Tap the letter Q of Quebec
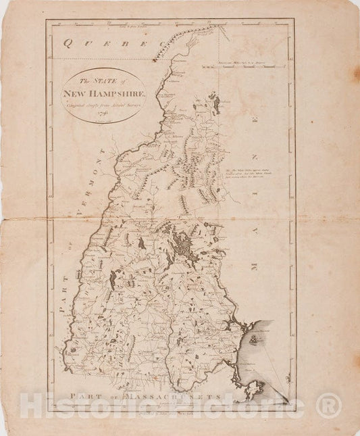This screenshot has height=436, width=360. point(68,44)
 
